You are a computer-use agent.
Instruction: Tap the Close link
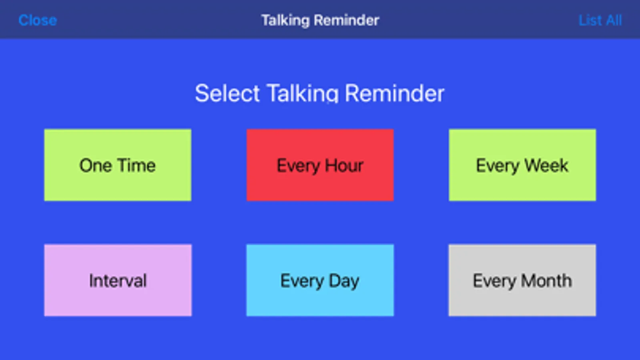(38, 20)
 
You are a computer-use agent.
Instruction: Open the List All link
(600, 20)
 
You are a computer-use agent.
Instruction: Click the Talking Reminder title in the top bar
(320, 20)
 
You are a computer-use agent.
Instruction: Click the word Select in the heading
(227, 93)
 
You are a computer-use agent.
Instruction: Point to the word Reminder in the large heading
(395, 93)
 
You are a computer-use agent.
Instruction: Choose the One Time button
(118, 165)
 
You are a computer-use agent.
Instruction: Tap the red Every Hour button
(320, 165)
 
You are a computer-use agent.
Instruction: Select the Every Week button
(522, 165)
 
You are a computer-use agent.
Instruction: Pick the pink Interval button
(118, 280)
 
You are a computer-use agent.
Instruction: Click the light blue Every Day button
(320, 280)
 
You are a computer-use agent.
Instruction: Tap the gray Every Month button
(522, 280)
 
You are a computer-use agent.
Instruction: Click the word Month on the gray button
(546, 280)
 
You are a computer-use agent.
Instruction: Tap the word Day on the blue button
(344, 281)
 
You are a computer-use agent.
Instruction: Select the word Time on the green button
(136, 165)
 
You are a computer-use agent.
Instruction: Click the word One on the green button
(95, 166)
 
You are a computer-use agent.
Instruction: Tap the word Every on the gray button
(495, 281)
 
